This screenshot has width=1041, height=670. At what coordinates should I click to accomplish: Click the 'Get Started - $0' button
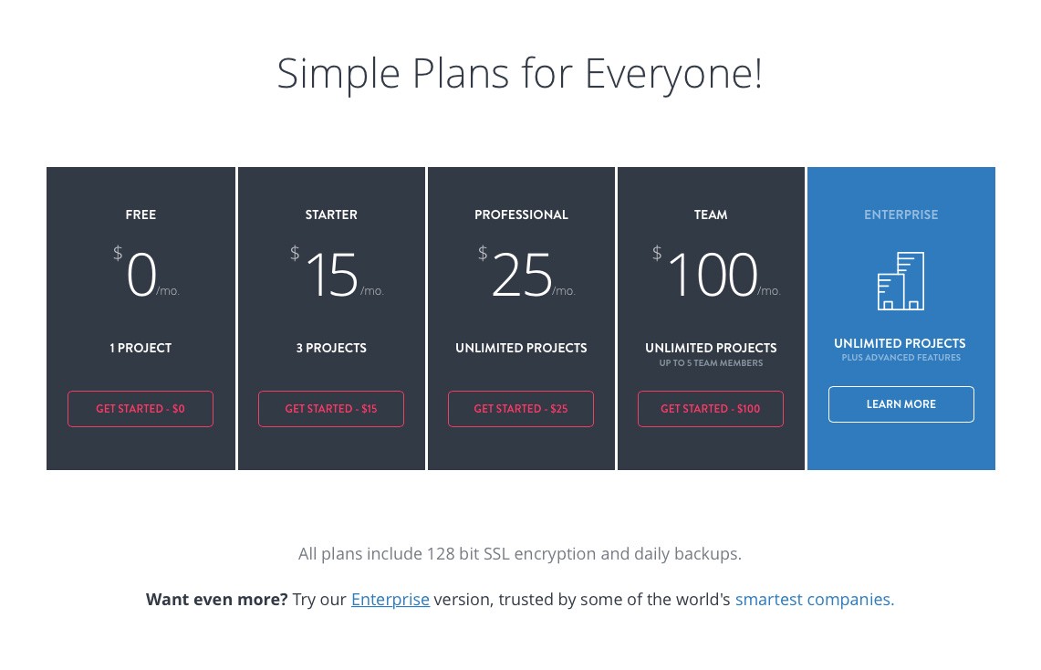(x=141, y=408)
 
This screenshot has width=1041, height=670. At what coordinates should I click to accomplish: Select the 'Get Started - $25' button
(x=520, y=408)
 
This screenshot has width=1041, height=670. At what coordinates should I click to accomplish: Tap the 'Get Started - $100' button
(x=711, y=408)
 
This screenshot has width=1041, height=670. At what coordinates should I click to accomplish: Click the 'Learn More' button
(x=900, y=403)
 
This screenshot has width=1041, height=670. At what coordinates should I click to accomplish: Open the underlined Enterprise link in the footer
(x=390, y=599)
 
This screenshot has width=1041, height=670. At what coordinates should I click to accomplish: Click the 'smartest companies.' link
(x=815, y=599)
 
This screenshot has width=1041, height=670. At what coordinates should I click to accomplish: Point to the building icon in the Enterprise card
(x=900, y=281)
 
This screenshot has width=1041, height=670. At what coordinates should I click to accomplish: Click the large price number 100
(x=713, y=274)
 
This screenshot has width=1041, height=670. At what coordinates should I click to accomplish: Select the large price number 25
(x=522, y=274)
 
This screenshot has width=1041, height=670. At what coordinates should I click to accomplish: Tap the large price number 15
(x=332, y=274)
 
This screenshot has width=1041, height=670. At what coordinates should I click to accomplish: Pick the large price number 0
(x=141, y=274)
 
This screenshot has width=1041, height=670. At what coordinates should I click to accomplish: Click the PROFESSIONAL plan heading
(x=521, y=215)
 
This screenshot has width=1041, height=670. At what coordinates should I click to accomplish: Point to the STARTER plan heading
(x=331, y=215)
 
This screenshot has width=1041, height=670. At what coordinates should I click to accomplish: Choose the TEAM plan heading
(x=711, y=215)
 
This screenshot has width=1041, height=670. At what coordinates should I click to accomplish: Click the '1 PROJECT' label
(x=141, y=348)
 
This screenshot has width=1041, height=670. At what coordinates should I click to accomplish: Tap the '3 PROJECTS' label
(x=331, y=348)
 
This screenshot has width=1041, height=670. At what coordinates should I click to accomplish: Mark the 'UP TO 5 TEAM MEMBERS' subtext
(x=711, y=362)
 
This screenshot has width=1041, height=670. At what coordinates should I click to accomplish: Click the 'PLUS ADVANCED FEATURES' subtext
(x=900, y=357)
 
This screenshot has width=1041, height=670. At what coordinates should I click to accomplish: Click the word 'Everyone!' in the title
(x=674, y=74)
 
